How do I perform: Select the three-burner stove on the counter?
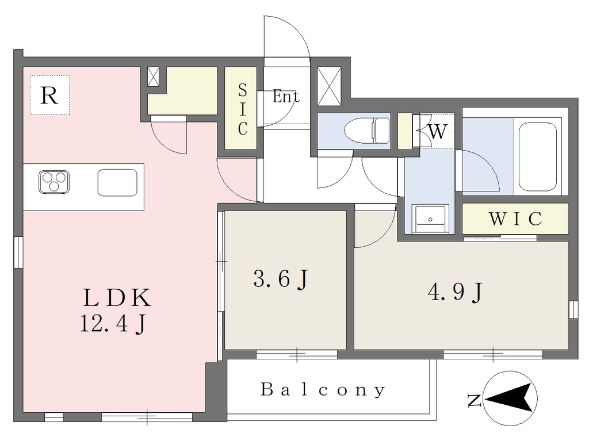coord(53,182)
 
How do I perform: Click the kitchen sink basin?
coord(117,182)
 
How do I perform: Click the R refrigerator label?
coord(49,95)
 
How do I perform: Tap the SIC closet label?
coord(243,109)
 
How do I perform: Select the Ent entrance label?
coord(286,97)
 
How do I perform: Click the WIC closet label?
coord(515,218)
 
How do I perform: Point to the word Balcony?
coord(323,389)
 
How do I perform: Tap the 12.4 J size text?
coord(113,324)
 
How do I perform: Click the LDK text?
coord(117,298)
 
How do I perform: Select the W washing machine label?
coord(438,131)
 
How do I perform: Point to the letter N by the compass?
coord(475,400)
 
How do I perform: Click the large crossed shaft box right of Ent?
coord(329,86)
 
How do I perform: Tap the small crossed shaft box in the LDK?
coord(153,76)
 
